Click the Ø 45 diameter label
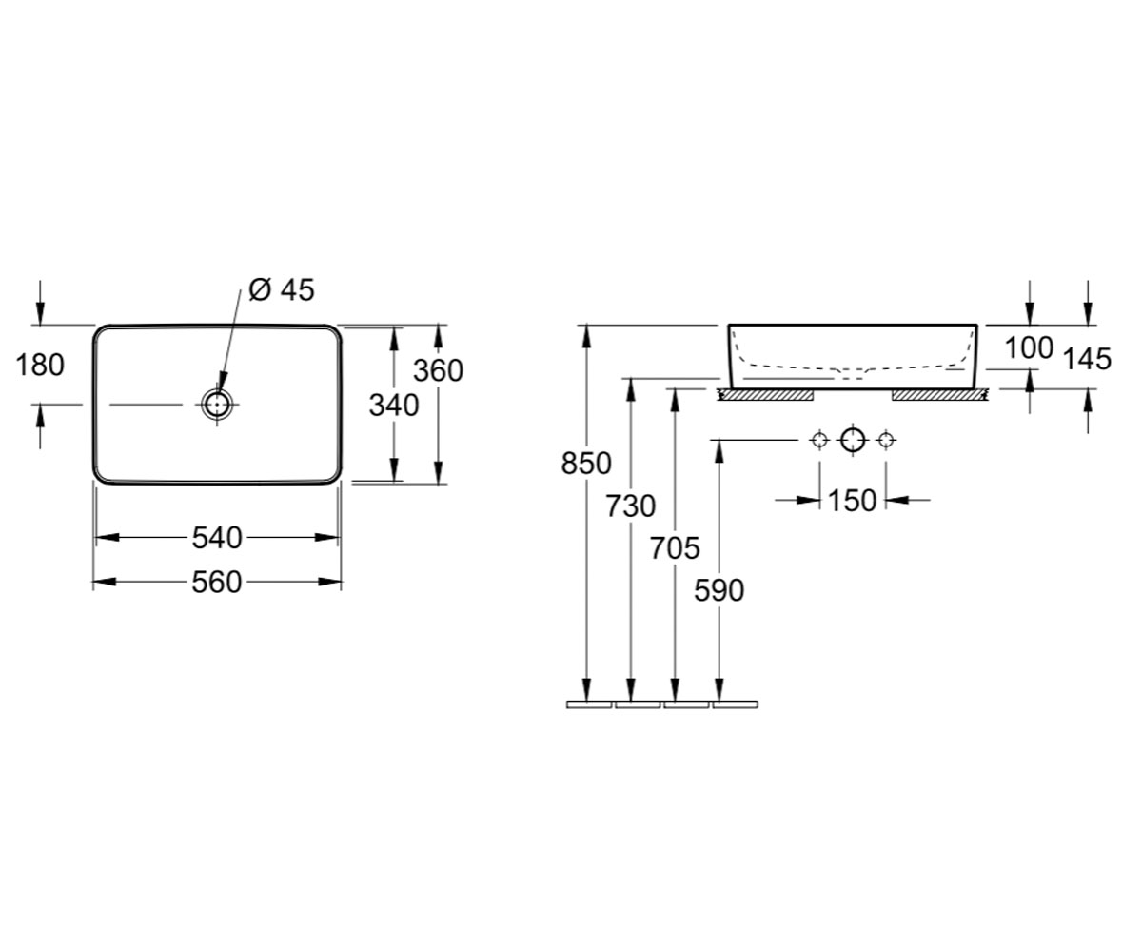tap(282, 290)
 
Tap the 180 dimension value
tap(40, 365)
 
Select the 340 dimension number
tap(394, 406)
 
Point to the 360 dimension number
tap(438, 370)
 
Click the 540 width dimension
tap(217, 538)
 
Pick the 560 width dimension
tap(217, 582)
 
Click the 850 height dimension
tap(586, 464)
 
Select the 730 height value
tap(630, 506)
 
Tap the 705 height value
tap(675, 548)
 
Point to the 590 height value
tap(719, 591)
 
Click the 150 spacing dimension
tap(852, 501)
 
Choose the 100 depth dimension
tap(1029, 348)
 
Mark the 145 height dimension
tap(1088, 360)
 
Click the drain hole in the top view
tap(217, 405)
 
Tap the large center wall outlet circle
tap(853, 440)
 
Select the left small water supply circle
tap(819, 440)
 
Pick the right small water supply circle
tap(886, 440)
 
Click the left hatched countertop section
tap(766, 394)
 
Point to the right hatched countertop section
tap(940, 394)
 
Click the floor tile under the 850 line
tap(589, 704)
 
